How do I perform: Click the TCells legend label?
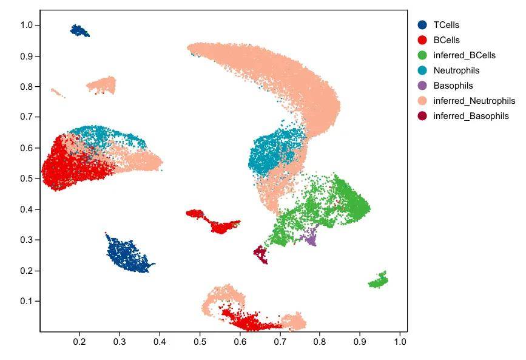coord(446,25)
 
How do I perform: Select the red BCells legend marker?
coord(422,40)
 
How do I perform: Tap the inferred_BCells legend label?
coord(464,55)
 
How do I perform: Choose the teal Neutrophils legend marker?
coord(422,70)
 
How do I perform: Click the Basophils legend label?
coord(453,86)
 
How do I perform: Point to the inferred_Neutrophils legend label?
coord(474,101)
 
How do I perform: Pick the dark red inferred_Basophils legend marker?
coord(422,116)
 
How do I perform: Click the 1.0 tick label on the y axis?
coord(26,25)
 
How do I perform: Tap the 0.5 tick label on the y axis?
coord(26,178)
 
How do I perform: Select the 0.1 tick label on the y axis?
coord(26,301)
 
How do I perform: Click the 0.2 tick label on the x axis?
coord(79,342)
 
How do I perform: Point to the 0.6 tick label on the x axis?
coord(240,342)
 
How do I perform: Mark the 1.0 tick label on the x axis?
coord(400,342)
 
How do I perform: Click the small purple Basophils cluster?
coord(311,236)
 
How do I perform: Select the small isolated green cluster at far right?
coord(379,280)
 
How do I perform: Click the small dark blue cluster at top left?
coord(79,30)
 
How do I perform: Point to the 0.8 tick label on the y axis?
coord(26,86)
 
